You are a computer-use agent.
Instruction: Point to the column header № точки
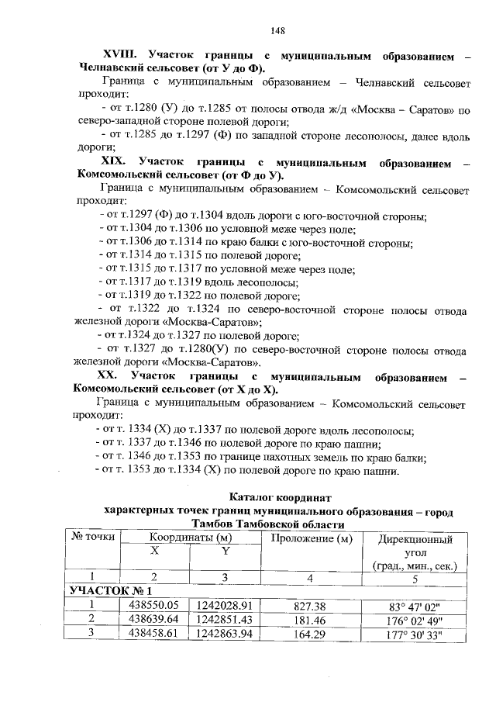(93, 537)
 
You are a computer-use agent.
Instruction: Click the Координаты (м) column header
(191, 537)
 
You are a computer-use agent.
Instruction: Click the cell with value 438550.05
(154, 605)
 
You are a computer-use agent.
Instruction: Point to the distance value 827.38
(311, 605)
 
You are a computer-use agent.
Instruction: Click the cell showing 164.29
(311, 632)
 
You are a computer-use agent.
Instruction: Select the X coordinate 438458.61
(154, 632)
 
